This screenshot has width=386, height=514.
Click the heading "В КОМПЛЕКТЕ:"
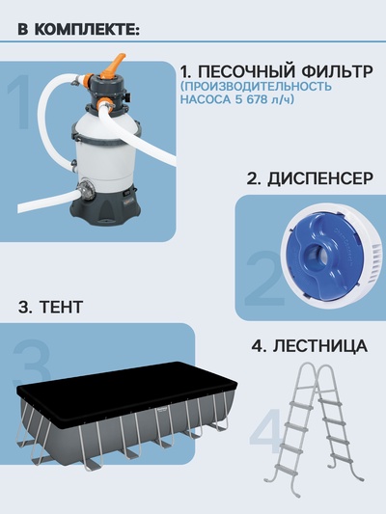click(78, 28)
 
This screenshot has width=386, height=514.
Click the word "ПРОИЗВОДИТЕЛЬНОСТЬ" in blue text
click(256, 85)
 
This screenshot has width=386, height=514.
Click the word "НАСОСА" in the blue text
click(207, 98)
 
